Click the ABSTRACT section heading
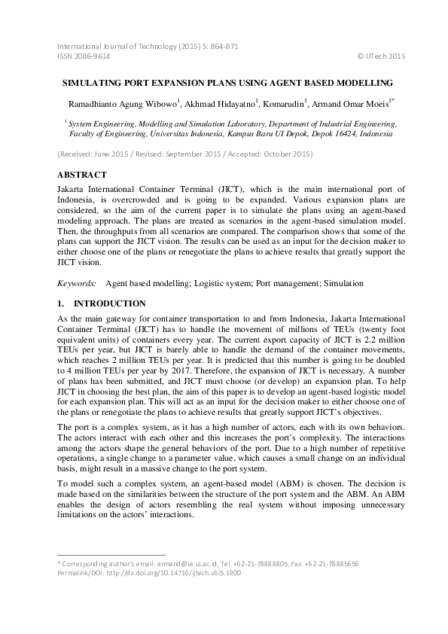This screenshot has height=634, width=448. click(x=81, y=174)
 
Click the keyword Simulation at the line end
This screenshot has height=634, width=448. click(x=344, y=284)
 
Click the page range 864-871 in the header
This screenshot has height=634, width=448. click(x=224, y=46)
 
